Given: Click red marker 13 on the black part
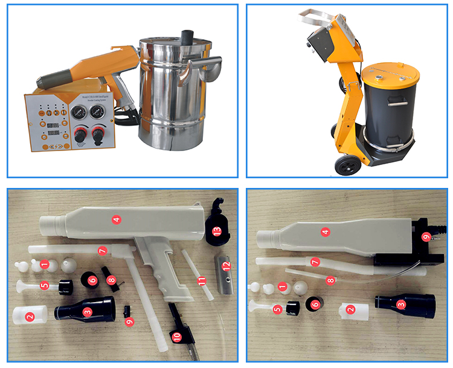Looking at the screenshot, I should [216, 230].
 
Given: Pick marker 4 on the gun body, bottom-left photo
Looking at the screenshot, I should [116, 219].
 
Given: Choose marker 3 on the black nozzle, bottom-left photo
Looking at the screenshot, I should [87, 312].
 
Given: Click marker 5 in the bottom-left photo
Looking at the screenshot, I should [44, 286].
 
